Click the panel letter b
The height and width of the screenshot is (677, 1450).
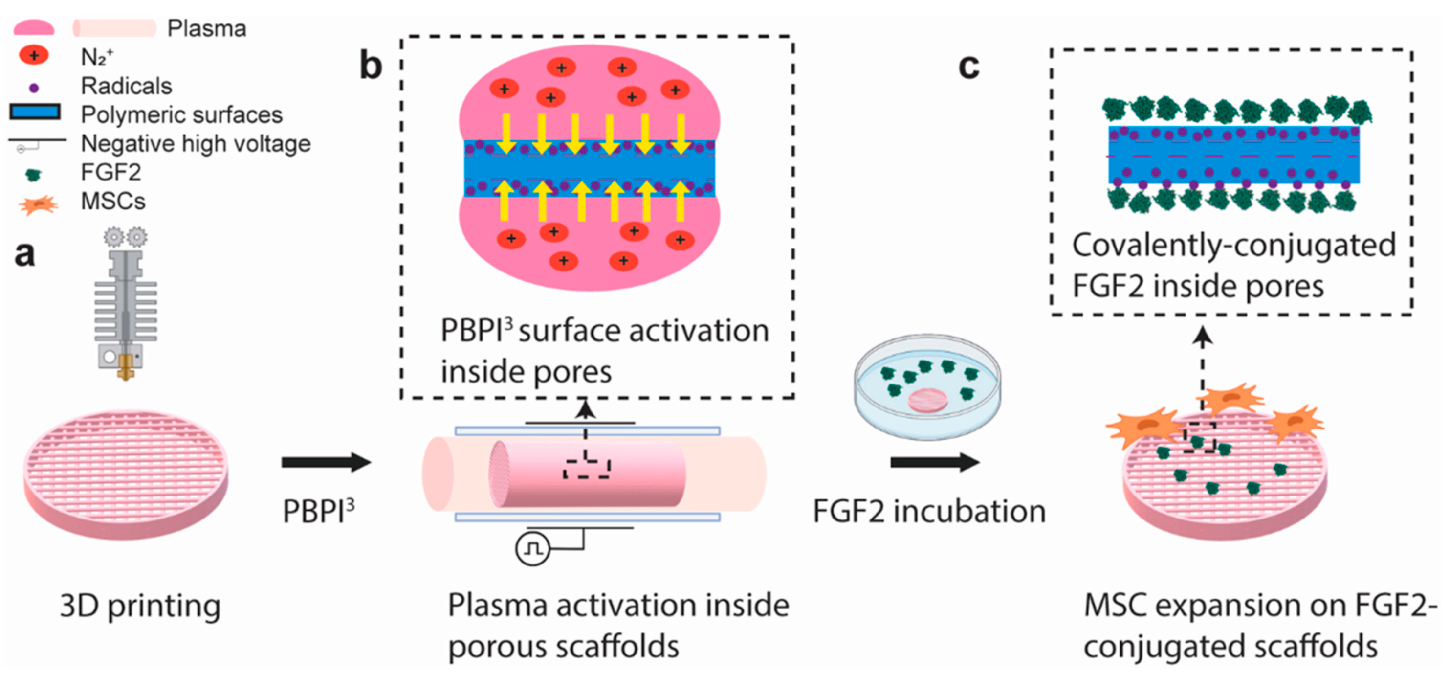point(371,67)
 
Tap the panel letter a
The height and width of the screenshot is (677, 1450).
point(25,254)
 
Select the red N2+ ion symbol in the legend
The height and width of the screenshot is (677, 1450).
point(34,55)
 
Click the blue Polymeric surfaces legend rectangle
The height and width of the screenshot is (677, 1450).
point(35,112)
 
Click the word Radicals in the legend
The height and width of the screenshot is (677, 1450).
point(126,86)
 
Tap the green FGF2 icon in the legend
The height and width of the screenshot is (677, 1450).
point(33,175)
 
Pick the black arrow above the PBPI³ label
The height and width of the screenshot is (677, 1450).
point(327,462)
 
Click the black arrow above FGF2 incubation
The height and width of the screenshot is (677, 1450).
point(934,462)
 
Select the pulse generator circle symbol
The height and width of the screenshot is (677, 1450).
point(532,548)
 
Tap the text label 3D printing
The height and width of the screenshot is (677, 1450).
point(140,607)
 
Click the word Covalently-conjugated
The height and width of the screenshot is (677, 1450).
point(1233,246)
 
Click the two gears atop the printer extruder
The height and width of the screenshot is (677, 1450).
point(125,237)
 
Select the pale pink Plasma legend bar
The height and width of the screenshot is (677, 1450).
point(114,28)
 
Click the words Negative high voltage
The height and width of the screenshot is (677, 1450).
point(196,144)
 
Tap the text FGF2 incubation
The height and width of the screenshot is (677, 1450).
point(929,511)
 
